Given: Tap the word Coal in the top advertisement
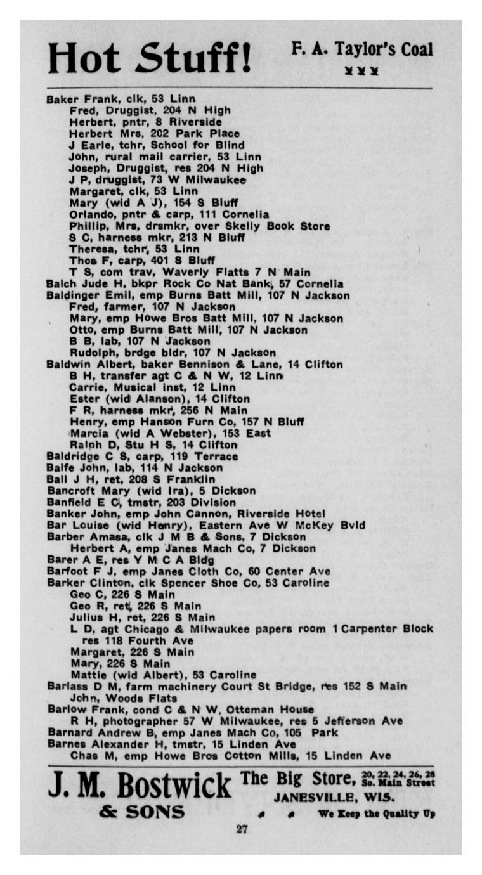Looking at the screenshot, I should [416, 50].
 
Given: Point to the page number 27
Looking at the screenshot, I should [242, 829].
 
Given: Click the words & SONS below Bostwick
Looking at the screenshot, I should [141, 812].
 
